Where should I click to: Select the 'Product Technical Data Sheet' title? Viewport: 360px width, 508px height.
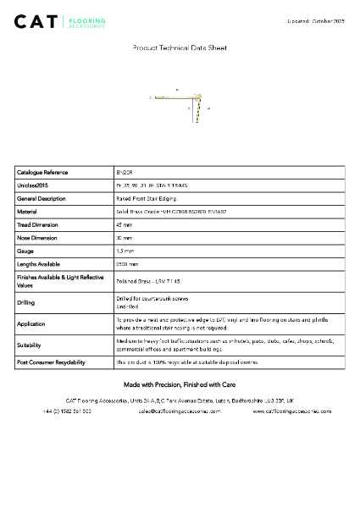coord(180,48)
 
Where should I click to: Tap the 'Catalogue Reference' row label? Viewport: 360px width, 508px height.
coord(42,172)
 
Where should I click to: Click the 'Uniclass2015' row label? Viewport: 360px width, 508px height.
coord(32,185)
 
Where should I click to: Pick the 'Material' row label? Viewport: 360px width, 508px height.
coord(27,212)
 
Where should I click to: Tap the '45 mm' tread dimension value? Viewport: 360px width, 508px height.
coord(125,225)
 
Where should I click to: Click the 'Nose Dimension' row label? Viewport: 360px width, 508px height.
coord(37,239)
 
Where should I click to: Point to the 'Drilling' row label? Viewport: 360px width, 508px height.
coord(26,302)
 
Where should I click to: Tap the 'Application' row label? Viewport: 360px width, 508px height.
coord(31,323)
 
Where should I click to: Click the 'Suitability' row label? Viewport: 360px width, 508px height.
coord(29,345)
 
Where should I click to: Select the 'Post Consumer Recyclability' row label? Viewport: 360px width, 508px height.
coord(51,362)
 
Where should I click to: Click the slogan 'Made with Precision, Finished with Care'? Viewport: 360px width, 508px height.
coord(180,384)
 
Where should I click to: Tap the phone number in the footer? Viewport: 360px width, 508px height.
coord(67,411)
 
